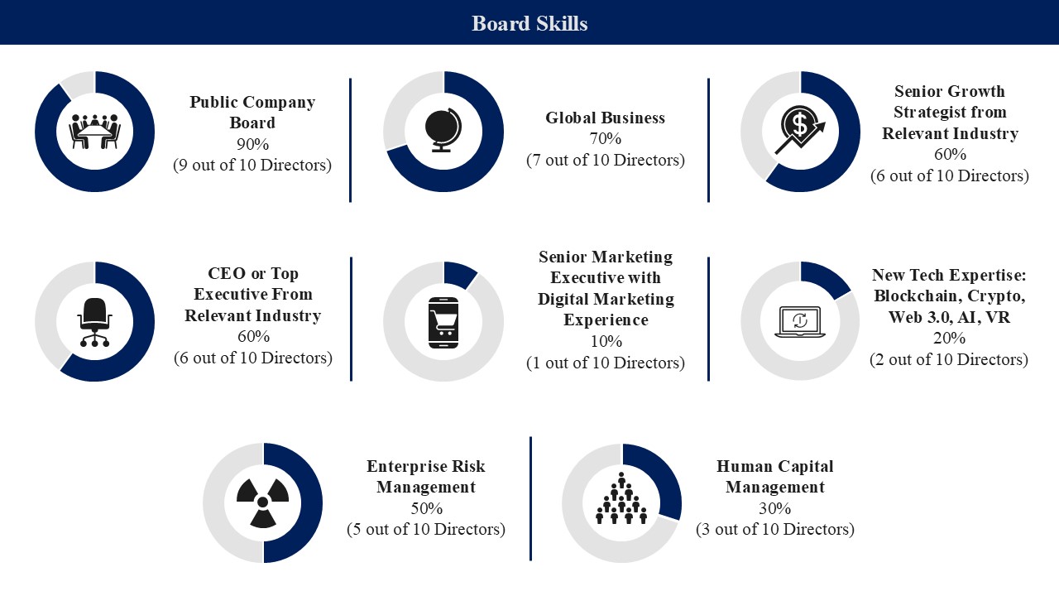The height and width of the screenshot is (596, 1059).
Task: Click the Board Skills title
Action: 529,23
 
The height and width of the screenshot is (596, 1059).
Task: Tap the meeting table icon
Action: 95,132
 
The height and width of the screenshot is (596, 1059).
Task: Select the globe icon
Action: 443,131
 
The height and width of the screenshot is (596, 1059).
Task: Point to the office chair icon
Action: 95,322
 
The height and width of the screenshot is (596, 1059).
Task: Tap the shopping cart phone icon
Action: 443,323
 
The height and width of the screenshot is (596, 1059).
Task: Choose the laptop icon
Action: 800,322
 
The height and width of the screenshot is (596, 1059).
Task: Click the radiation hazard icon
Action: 263,502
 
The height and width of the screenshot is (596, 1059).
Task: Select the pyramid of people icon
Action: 621,498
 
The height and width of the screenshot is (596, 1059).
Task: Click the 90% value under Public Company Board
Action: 252,144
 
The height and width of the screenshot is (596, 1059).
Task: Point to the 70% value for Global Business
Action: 605,138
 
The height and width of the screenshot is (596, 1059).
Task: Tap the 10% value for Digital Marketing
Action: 606,341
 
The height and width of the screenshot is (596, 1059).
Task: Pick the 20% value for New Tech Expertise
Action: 949,338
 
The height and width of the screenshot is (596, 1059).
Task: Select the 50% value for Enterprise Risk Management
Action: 426,508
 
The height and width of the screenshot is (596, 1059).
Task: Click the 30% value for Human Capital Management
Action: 775,508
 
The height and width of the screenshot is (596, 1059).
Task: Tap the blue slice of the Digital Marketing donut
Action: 459,274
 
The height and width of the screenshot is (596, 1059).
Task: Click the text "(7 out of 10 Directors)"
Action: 605,160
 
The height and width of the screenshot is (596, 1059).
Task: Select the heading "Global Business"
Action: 605,118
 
